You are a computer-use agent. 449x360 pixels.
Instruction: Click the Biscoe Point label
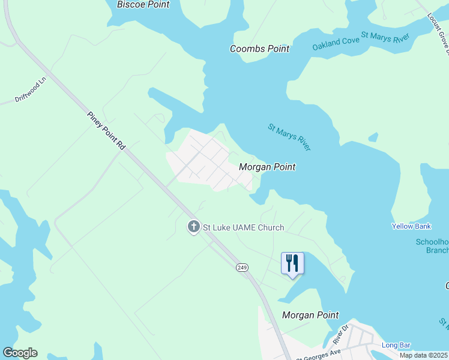point(143,5)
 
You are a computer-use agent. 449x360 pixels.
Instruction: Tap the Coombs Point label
point(259,49)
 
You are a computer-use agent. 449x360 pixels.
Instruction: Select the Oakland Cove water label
point(335,43)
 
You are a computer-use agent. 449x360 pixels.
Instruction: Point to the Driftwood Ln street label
point(30,91)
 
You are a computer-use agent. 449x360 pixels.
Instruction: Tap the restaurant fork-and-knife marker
point(292,263)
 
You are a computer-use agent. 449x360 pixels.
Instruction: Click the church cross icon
point(193,227)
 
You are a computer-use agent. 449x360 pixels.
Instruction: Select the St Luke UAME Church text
point(243,227)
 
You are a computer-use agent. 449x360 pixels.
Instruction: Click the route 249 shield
point(242,267)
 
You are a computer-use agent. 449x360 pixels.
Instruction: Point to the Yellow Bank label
point(411,226)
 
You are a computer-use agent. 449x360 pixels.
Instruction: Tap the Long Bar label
point(396,345)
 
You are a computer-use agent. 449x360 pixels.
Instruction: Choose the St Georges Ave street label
point(318,355)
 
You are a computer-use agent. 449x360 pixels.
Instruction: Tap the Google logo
point(20,353)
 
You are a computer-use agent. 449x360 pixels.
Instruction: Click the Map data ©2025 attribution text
point(424,355)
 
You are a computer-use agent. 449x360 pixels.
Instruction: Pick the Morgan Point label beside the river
point(267,167)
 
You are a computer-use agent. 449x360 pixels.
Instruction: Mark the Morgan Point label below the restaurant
point(310,315)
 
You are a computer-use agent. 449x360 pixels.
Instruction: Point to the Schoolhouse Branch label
point(432,246)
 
